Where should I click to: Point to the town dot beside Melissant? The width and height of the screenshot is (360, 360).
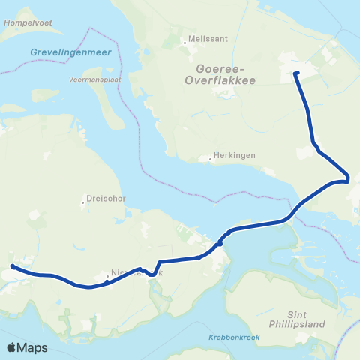(184, 43)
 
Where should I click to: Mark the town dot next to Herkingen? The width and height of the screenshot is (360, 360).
(211, 159)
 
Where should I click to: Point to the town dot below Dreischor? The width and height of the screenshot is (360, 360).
(82, 201)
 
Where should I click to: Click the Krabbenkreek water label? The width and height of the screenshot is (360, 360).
(234, 337)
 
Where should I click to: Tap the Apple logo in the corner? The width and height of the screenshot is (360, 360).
(13, 347)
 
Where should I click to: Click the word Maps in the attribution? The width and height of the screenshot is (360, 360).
(33, 347)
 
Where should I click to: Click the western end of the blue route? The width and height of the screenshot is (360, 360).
(13, 266)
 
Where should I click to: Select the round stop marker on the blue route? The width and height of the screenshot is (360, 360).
(220, 243)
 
